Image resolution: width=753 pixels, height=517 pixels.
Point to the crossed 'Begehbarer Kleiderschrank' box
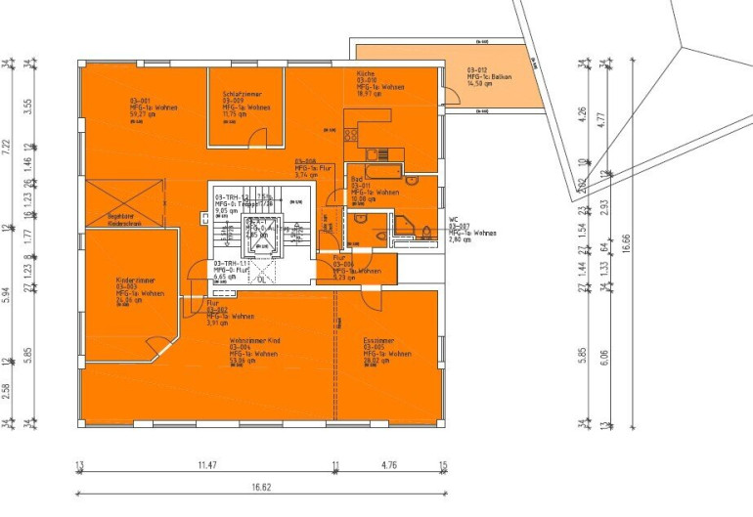coord(109,204)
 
